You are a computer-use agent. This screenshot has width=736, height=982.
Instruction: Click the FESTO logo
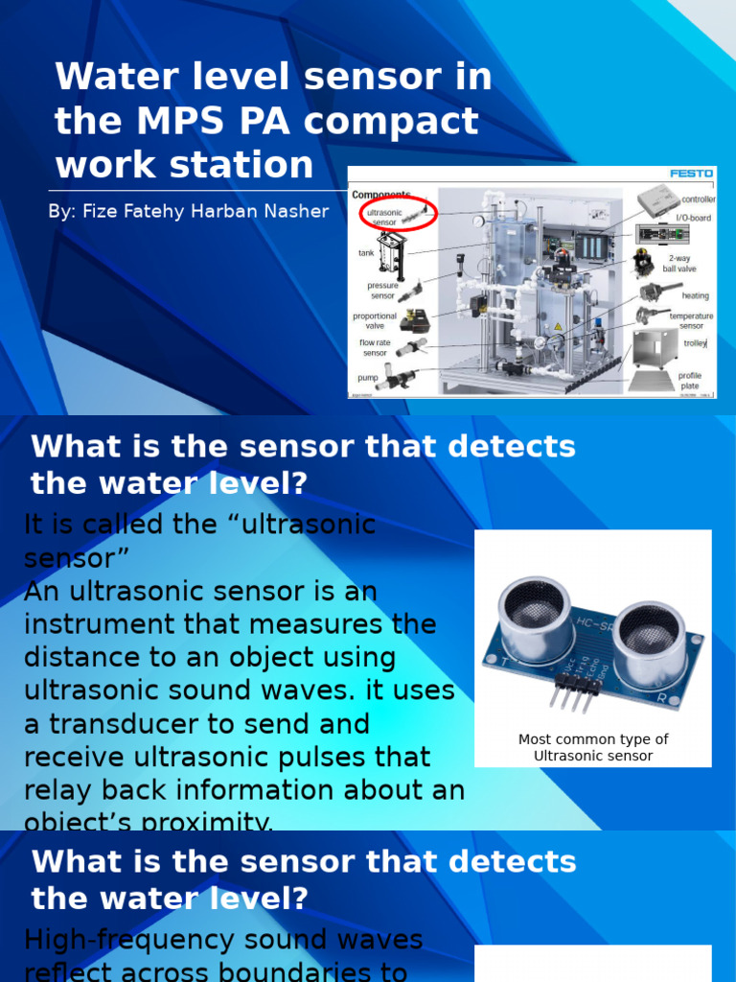point(690,174)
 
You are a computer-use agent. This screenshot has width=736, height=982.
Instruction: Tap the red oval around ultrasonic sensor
point(398,215)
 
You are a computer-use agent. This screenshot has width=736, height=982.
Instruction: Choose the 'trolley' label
point(695,342)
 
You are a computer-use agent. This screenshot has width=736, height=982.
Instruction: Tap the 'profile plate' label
point(690,381)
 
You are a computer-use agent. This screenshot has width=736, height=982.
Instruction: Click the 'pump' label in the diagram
point(368,379)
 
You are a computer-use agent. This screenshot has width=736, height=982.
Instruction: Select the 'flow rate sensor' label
point(375,347)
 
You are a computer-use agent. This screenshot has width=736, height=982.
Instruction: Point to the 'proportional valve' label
point(375,320)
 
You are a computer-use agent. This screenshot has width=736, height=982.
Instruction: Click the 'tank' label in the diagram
point(366,253)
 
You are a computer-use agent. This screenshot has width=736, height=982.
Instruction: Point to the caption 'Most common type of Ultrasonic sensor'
point(593,747)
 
